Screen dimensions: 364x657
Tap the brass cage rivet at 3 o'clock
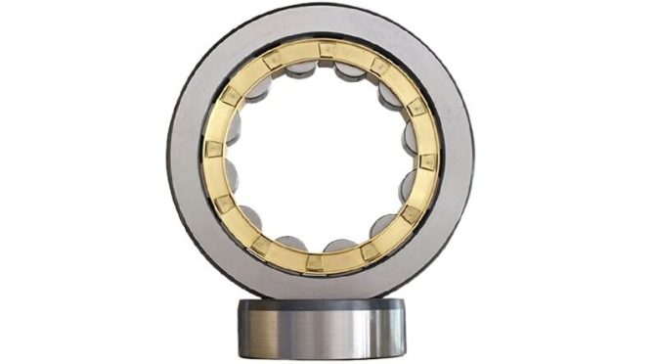coord(428,160)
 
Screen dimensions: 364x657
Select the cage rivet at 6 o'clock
coord(314,262)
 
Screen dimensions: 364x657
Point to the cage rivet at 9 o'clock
coord(212,149)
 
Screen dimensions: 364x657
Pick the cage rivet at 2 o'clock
coord(416,107)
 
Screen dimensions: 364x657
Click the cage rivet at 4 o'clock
coord(412,213)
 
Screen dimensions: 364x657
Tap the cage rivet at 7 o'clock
coord(260,245)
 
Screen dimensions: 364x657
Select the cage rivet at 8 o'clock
coord(223,204)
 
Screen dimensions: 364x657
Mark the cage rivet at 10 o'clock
coord(231,96)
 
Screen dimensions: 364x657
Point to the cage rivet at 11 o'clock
coord(273,60)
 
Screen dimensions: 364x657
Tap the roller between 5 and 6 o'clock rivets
coord(340,245)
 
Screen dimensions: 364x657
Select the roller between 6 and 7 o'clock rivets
coord(288,242)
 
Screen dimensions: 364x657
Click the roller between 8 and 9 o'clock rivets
coord(232,176)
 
